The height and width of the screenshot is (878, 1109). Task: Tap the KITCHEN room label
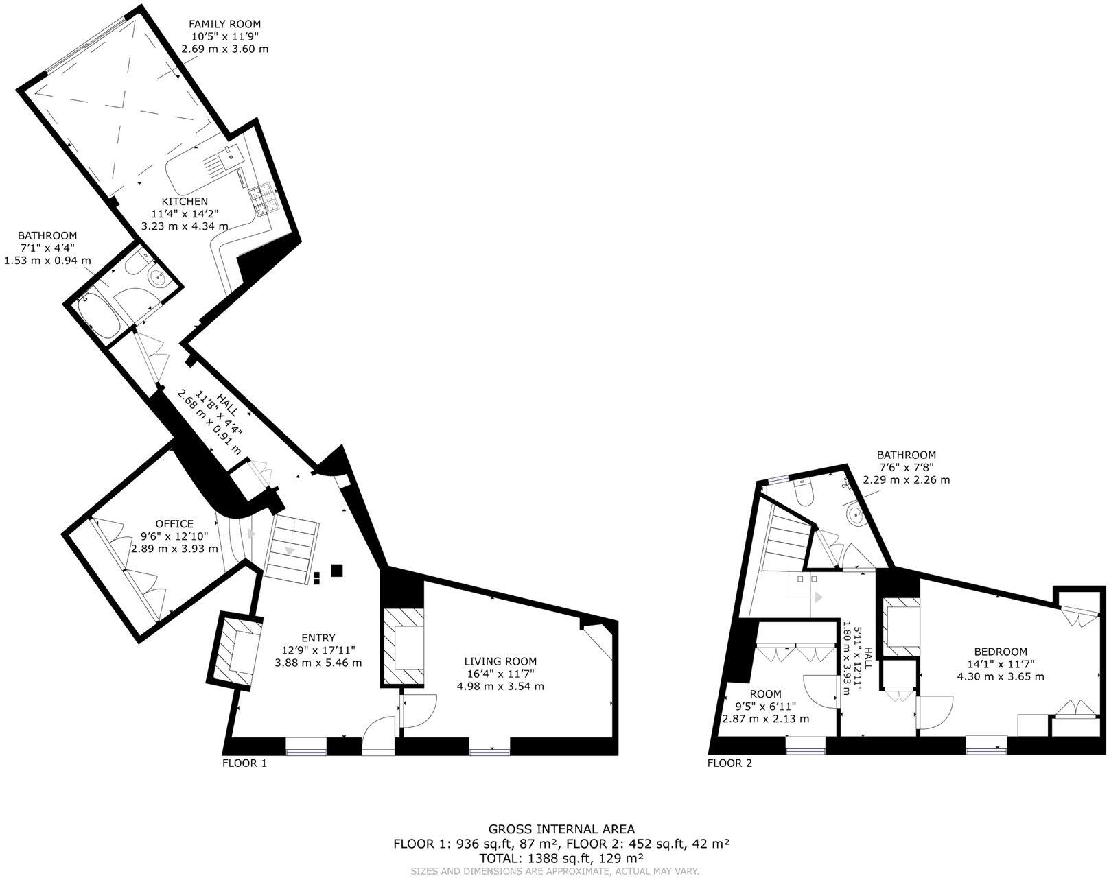[x=185, y=201]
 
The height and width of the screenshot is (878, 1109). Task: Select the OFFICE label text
[x=174, y=524]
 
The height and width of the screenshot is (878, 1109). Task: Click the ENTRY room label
[x=318, y=638]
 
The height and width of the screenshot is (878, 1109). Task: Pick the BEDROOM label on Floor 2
[x=1001, y=652]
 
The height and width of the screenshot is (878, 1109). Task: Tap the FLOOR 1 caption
[x=244, y=763]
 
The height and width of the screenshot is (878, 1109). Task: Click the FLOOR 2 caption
[x=729, y=763]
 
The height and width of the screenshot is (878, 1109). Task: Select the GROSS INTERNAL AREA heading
[x=561, y=829]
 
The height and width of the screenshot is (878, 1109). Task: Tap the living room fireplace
[x=404, y=646]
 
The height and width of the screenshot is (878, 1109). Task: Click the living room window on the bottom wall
[x=490, y=752]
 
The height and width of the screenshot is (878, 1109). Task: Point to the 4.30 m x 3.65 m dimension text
[x=1001, y=676]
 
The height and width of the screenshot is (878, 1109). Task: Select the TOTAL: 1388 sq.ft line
[x=561, y=857]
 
